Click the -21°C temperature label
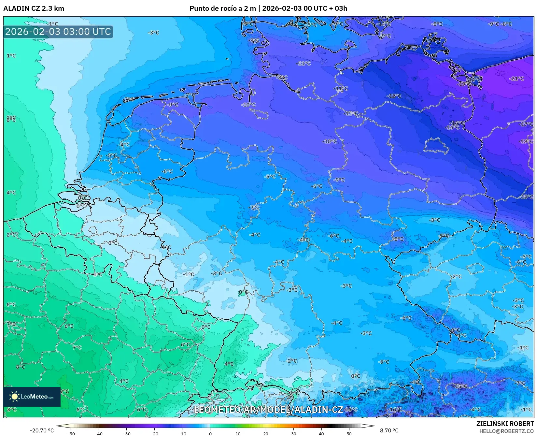[x=517, y=79]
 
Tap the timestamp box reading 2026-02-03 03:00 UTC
[x=58, y=32]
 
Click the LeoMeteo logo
[x=32, y=397]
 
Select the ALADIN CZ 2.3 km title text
[x=34, y=8]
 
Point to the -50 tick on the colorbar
[x=71, y=433]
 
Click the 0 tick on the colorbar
[x=210, y=433]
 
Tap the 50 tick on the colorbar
[x=349, y=433]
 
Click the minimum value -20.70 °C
[x=42, y=430]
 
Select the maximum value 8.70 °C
[x=389, y=430]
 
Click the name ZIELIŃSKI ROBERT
[x=505, y=424]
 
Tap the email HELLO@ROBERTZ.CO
[x=506, y=431]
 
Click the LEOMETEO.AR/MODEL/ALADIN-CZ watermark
[x=268, y=410]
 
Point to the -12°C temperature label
[x=394, y=96]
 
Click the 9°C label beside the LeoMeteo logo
[x=64, y=391]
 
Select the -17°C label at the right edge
[x=526, y=124]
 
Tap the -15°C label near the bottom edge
[x=460, y=386]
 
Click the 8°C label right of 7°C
[x=20, y=367]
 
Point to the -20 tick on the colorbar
[x=154, y=433]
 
